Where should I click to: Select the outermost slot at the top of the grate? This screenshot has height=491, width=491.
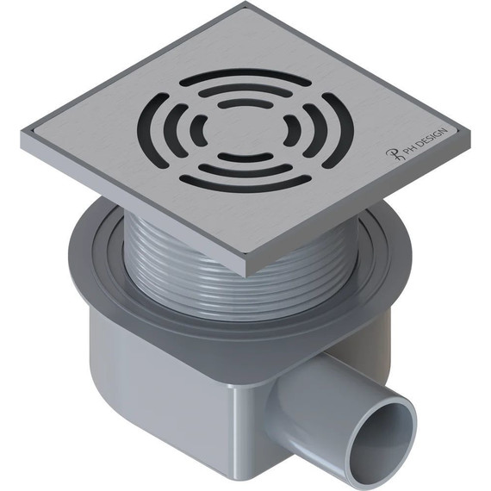click(245, 77)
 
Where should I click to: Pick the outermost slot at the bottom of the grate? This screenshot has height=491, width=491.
click(245, 184)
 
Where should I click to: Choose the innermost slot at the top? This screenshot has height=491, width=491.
click(245, 103)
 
